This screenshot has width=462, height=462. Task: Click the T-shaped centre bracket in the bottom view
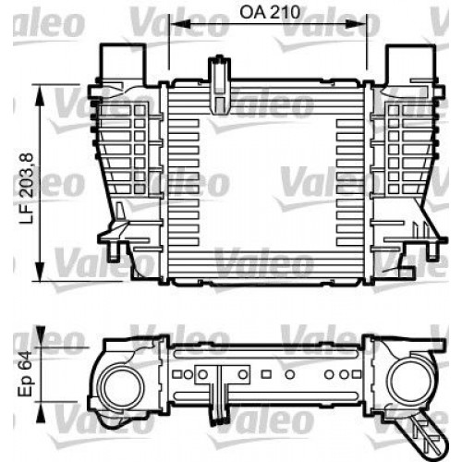point(222,388)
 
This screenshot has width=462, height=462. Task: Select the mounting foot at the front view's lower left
point(115,245)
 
